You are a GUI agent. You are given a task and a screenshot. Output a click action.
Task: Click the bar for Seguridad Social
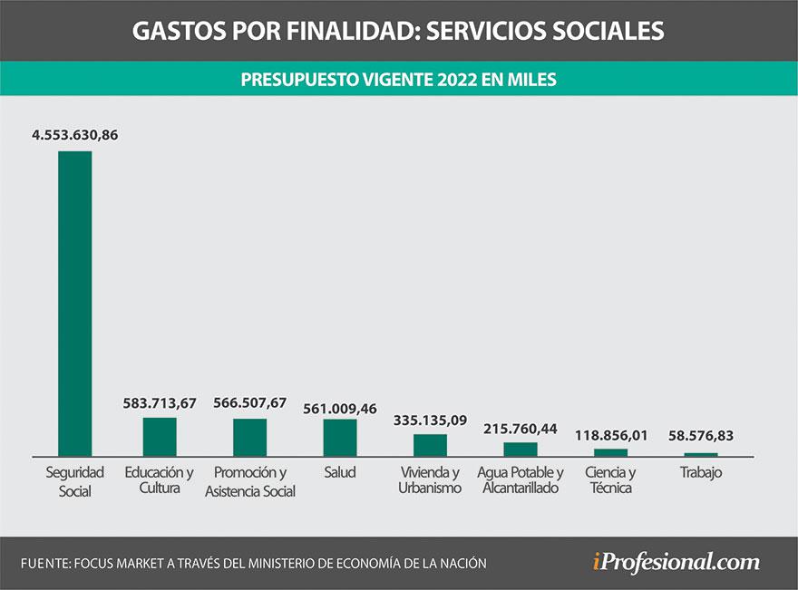[x=74, y=303]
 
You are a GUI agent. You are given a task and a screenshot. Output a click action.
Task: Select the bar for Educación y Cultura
[x=160, y=436]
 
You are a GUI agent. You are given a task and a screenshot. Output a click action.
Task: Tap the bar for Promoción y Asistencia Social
[x=249, y=437]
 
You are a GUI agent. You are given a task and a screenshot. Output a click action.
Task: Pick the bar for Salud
[x=340, y=437]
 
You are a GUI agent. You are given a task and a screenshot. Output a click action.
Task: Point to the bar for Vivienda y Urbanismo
[x=430, y=444]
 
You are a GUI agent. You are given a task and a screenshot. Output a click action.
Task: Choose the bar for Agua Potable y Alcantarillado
[x=521, y=449]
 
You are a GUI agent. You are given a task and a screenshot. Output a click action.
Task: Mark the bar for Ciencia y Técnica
[x=610, y=451]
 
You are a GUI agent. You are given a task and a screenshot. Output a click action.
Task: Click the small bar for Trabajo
[x=700, y=454]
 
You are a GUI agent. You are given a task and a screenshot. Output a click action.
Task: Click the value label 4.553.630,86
[x=75, y=135]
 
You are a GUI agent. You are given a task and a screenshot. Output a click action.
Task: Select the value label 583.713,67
[x=160, y=403]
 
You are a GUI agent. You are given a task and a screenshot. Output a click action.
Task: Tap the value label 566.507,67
[x=250, y=403]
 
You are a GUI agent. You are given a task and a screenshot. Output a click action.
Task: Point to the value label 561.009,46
[x=340, y=408]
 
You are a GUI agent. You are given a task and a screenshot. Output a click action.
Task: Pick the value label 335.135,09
[x=430, y=421]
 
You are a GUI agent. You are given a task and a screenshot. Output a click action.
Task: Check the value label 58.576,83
[x=700, y=436]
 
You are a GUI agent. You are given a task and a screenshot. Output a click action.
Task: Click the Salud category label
[x=340, y=472]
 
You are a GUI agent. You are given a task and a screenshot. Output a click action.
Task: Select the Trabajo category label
[x=700, y=472]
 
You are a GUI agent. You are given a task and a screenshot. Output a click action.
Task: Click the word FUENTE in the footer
[x=47, y=563]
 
